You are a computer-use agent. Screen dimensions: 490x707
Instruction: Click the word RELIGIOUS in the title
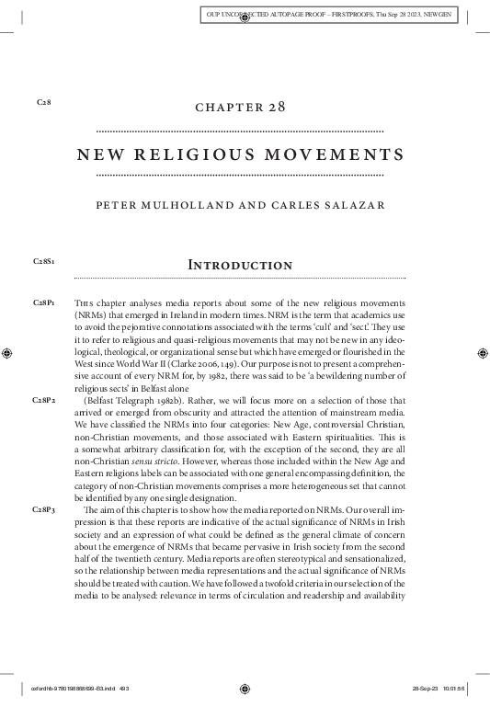click(211, 153)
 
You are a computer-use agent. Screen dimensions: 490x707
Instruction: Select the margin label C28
click(42, 101)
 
